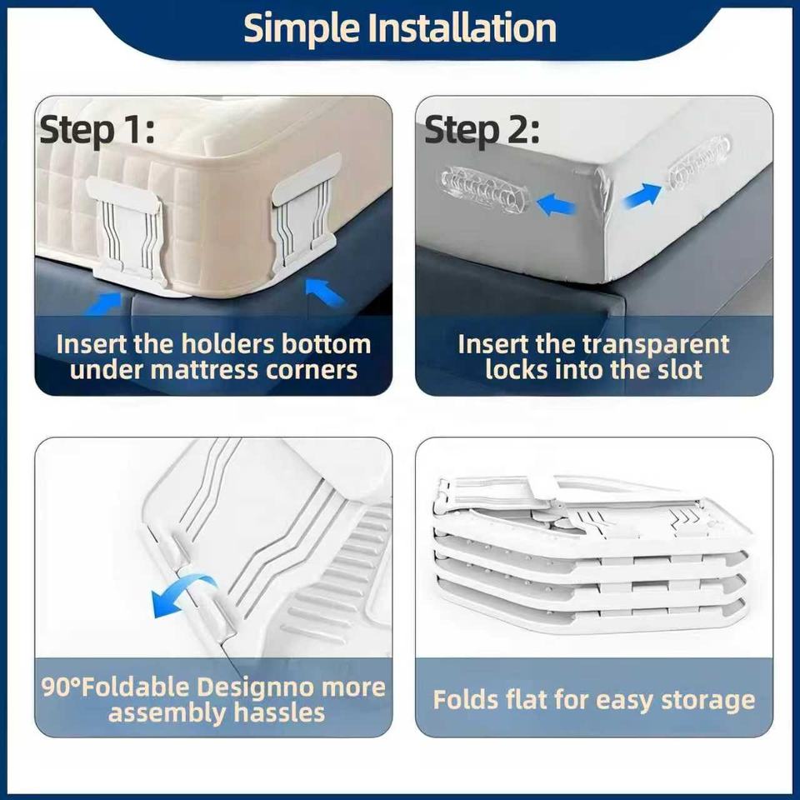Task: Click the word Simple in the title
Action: tap(302, 29)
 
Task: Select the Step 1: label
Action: tap(97, 131)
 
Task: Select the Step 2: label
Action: tap(482, 130)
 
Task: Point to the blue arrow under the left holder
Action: tap(102, 304)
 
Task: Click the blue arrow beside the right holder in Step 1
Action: tap(323, 292)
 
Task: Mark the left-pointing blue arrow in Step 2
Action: tap(556, 206)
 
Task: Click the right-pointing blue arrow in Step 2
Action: tap(642, 195)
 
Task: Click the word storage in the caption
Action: tap(708, 700)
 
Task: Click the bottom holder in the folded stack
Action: tap(592, 607)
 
